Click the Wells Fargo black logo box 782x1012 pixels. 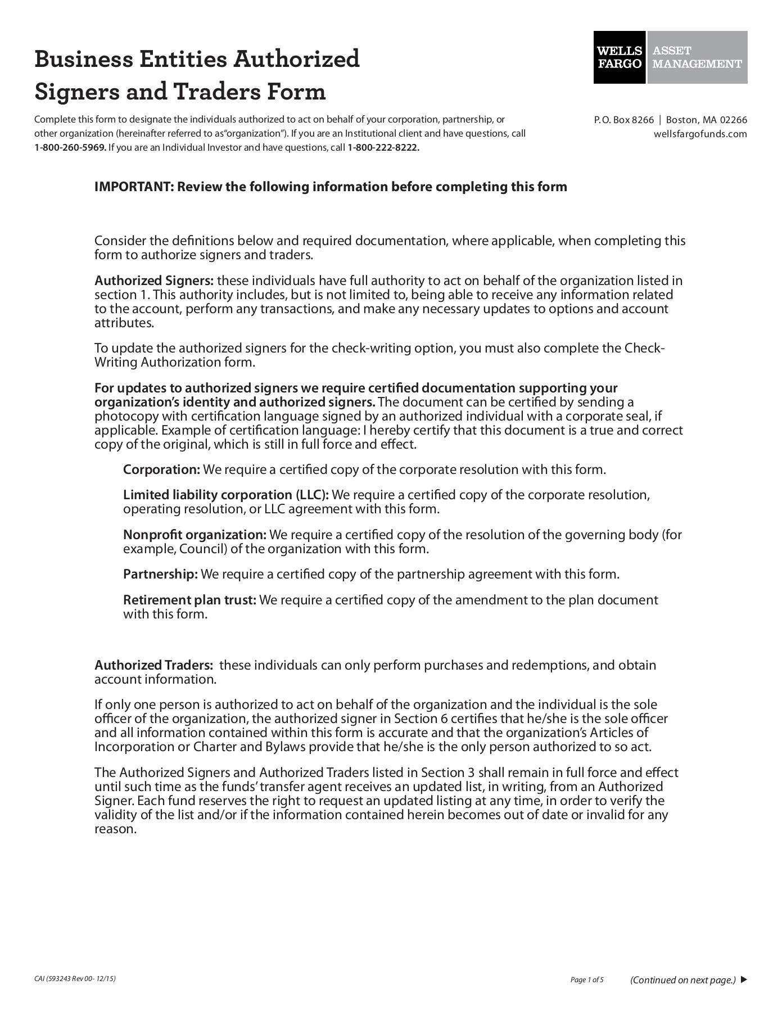(620, 57)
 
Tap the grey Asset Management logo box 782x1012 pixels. (697, 57)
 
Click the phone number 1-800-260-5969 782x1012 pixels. (70, 148)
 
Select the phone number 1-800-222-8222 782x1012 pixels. (383, 148)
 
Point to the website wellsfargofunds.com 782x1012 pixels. (700, 134)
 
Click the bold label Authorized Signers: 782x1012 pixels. (153, 281)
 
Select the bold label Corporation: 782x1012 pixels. (161, 469)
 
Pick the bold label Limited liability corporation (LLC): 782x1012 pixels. (225, 495)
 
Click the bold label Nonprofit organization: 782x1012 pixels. (195, 534)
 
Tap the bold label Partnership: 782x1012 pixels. (160, 574)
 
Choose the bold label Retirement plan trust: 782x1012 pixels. (189, 600)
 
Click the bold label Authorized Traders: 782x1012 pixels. (153, 665)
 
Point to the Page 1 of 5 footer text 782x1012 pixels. (586, 980)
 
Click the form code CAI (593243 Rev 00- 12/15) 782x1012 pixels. (75, 979)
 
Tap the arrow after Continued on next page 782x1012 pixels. (744, 980)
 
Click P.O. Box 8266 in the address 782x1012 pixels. (624, 120)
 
